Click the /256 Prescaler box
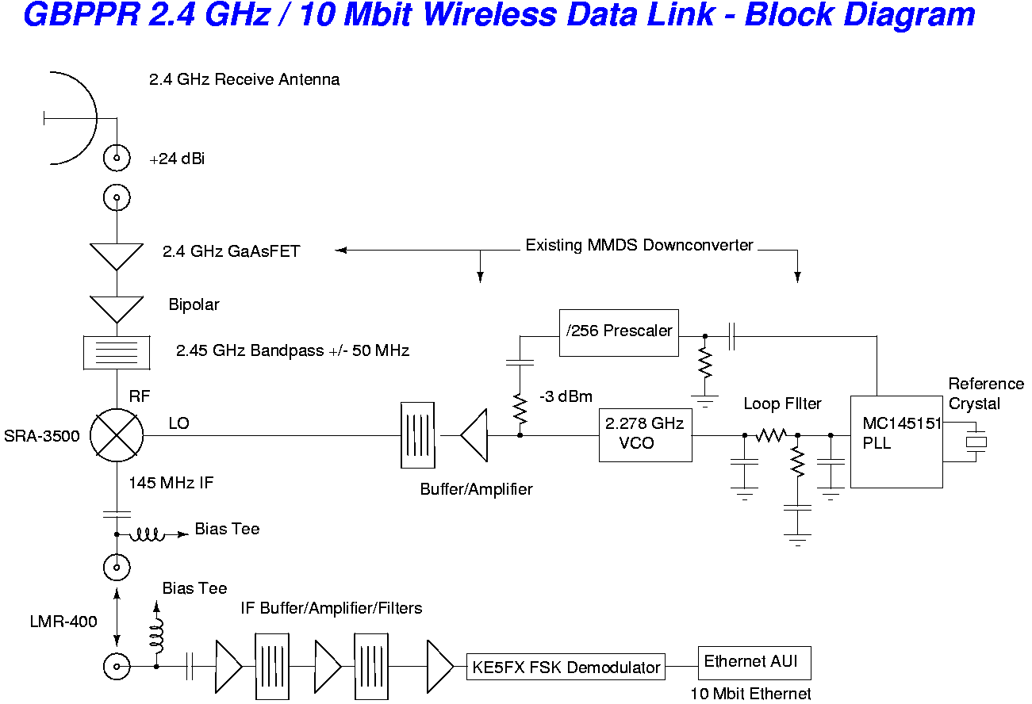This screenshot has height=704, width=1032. [x=619, y=331]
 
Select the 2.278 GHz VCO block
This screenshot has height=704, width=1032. [x=645, y=434]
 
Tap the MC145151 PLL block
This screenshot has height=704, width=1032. [x=896, y=441]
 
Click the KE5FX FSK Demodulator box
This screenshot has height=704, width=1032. [x=566, y=667]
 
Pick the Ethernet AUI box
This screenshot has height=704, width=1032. [x=754, y=662]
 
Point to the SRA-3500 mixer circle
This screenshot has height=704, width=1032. [x=117, y=434]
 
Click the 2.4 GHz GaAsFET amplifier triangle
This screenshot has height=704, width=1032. [x=117, y=255]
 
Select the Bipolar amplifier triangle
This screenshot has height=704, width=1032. [x=117, y=308]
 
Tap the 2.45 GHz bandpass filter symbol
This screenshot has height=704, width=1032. [x=117, y=351]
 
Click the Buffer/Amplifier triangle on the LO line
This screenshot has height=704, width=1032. [x=475, y=434]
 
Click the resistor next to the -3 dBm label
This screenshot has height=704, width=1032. [x=520, y=409]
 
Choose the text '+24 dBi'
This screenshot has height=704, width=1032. [x=177, y=159]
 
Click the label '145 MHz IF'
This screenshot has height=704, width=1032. [x=171, y=482]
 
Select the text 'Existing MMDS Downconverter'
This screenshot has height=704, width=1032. [x=639, y=246]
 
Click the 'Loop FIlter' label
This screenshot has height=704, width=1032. [x=782, y=404]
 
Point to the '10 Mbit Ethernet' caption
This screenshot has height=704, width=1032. [x=750, y=694]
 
